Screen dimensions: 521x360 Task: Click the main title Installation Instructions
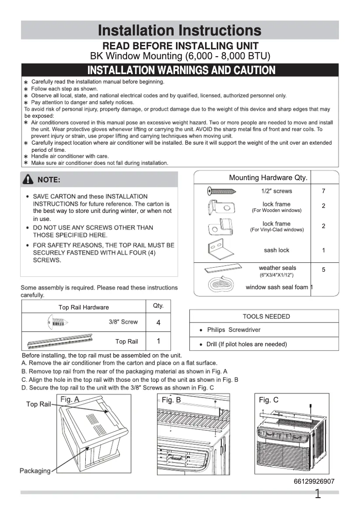point(180,31)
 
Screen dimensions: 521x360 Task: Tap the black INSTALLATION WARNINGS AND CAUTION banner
point(180,71)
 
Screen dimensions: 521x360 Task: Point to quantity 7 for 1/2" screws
point(323,191)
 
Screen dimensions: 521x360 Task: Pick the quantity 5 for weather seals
point(323,269)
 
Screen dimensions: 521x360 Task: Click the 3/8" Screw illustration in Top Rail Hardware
point(57,322)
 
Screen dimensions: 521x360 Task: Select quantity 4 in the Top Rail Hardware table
point(158,323)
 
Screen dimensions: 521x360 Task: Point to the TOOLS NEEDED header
point(266,317)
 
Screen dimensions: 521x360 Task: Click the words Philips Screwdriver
point(233,330)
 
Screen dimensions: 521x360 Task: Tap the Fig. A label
point(70,399)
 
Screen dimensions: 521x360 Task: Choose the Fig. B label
point(171,400)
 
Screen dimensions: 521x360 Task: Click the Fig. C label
point(268,400)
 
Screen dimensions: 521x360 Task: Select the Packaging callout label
point(35,471)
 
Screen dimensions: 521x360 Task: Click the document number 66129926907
point(314,481)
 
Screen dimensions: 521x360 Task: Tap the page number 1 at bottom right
point(318,495)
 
